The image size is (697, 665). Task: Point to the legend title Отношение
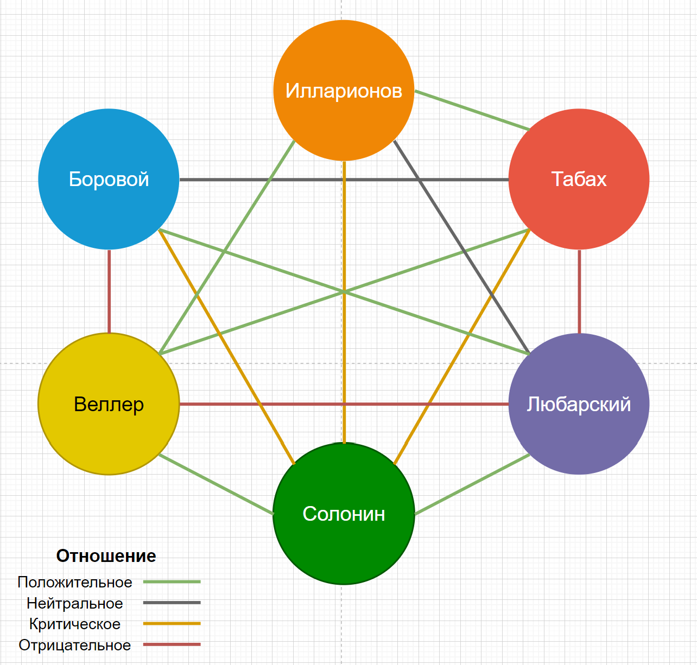pyautogui.click(x=106, y=556)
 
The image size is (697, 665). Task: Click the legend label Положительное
pyautogui.click(x=75, y=582)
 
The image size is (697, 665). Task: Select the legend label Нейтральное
pyautogui.click(x=75, y=603)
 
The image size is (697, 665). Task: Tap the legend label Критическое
pyautogui.click(x=75, y=624)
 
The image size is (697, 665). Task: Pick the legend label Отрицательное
pyautogui.click(x=75, y=645)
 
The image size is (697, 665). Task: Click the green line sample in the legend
pyautogui.click(x=172, y=581)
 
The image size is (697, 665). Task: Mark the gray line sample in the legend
pyautogui.click(x=172, y=603)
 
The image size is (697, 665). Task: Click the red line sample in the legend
pyautogui.click(x=172, y=644)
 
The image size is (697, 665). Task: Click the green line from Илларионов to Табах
pyautogui.click(x=472, y=111)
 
